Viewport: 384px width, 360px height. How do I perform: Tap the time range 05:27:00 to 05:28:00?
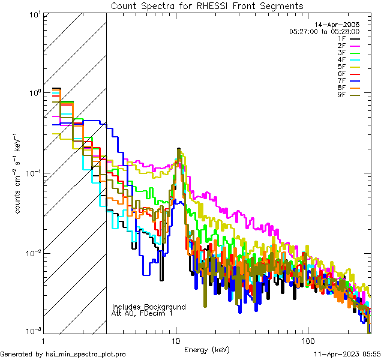click(x=324, y=31)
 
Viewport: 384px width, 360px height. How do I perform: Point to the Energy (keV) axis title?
click(x=207, y=349)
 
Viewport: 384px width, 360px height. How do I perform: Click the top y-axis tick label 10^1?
click(x=34, y=13)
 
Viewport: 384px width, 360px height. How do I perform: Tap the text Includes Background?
click(x=149, y=307)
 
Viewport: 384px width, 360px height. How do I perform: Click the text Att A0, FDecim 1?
click(x=142, y=313)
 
